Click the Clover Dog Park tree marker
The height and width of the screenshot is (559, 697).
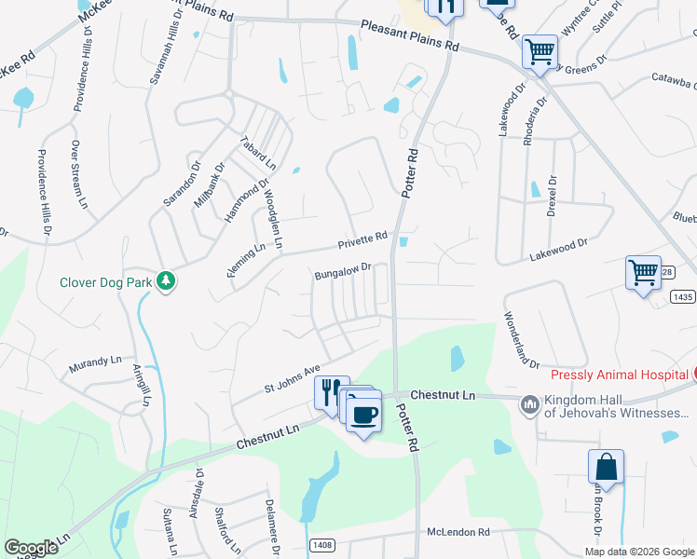tap(167, 280)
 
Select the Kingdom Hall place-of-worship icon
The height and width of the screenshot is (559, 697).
tap(530, 403)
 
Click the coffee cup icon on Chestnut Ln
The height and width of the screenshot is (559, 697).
tap(364, 413)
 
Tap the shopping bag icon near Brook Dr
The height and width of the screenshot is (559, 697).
tap(606, 469)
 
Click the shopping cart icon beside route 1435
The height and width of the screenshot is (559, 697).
tap(643, 274)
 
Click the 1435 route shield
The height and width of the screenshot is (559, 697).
tap(682, 296)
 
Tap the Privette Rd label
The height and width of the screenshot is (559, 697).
tap(362, 241)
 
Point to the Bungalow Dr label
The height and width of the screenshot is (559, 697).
tap(343, 271)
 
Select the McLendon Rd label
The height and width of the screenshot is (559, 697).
tap(458, 532)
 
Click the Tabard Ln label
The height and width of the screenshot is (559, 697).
tap(258, 149)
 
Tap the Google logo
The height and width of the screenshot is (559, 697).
tap(32, 548)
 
